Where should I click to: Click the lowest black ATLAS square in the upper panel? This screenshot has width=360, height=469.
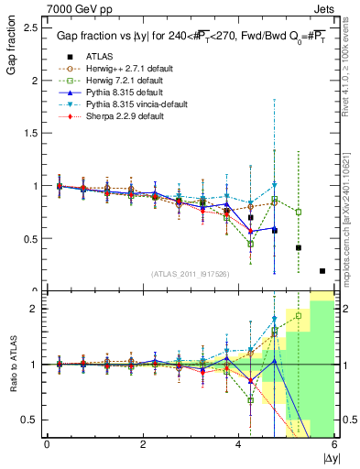(322, 270)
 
